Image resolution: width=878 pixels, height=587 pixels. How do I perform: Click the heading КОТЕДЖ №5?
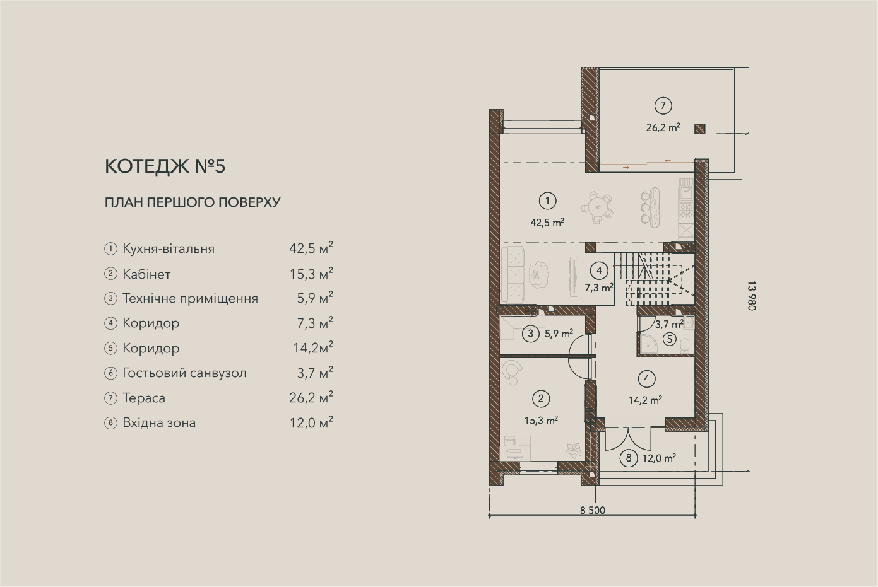(165, 166)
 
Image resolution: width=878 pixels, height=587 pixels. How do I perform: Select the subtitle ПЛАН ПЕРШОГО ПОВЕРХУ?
(193, 202)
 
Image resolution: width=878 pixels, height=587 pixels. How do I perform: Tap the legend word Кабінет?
(146, 274)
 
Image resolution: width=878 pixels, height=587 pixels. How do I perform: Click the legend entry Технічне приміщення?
(191, 299)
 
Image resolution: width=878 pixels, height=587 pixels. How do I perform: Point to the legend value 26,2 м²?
(311, 397)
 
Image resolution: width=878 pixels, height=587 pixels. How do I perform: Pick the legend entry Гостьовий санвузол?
(184, 373)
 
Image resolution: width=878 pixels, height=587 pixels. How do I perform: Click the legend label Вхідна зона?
(159, 423)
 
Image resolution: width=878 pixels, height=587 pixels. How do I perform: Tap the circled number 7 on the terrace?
(663, 106)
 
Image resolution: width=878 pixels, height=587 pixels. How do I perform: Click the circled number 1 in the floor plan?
(547, 201)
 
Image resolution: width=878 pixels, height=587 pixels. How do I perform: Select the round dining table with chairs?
(597, 207)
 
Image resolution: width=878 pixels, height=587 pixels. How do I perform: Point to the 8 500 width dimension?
(593, 510)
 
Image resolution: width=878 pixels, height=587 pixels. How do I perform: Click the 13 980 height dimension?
(751, 296)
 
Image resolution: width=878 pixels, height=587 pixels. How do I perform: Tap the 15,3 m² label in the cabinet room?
(542, 420)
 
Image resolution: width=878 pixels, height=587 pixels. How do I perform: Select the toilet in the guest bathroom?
(685, 346)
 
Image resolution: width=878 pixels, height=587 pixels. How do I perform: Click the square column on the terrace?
(699, 129)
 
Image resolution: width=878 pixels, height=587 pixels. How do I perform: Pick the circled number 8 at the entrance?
(629, 458)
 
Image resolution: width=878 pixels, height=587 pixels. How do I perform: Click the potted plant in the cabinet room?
(573, 450)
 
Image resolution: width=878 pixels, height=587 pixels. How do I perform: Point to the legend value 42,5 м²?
(311, 248)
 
